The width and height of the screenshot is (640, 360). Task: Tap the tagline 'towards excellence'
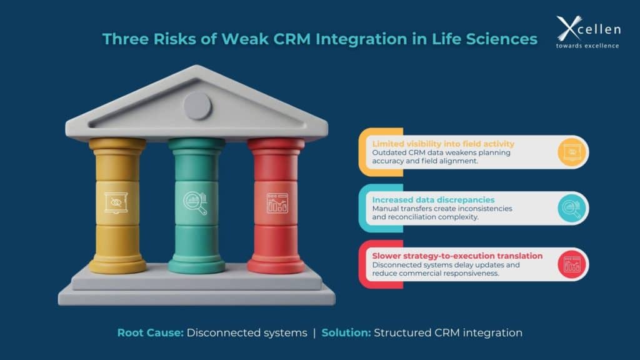[587, 45]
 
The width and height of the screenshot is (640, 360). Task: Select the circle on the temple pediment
[197, 105]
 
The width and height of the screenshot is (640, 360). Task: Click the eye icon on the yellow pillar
[116, 202]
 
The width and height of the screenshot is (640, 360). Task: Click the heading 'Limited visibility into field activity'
[443, 144]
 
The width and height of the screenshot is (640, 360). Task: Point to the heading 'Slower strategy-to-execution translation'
[457, 256]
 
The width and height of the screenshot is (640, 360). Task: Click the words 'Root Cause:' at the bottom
[151, 332]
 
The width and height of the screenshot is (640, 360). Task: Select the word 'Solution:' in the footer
[346, 332]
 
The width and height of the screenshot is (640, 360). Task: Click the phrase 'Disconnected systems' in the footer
[247, 332]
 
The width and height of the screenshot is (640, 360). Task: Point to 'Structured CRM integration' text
[448, 332]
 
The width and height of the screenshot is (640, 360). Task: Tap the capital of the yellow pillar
[117, 146]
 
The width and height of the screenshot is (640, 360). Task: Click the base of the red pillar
[276, 266]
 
